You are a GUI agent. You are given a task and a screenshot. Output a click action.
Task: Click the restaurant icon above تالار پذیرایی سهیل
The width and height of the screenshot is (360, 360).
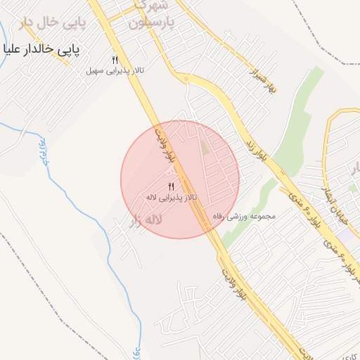115,59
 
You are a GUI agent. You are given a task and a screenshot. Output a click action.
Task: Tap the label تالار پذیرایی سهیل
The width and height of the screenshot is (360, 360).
115,70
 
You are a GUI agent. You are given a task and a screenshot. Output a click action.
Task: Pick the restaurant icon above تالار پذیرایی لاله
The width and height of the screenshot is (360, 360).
171,186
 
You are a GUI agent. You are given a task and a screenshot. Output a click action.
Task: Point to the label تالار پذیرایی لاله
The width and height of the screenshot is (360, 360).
171,198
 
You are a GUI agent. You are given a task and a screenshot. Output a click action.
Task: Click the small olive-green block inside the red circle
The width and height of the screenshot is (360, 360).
205,148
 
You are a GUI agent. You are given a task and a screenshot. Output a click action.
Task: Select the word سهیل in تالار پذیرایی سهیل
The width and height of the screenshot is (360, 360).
94,70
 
